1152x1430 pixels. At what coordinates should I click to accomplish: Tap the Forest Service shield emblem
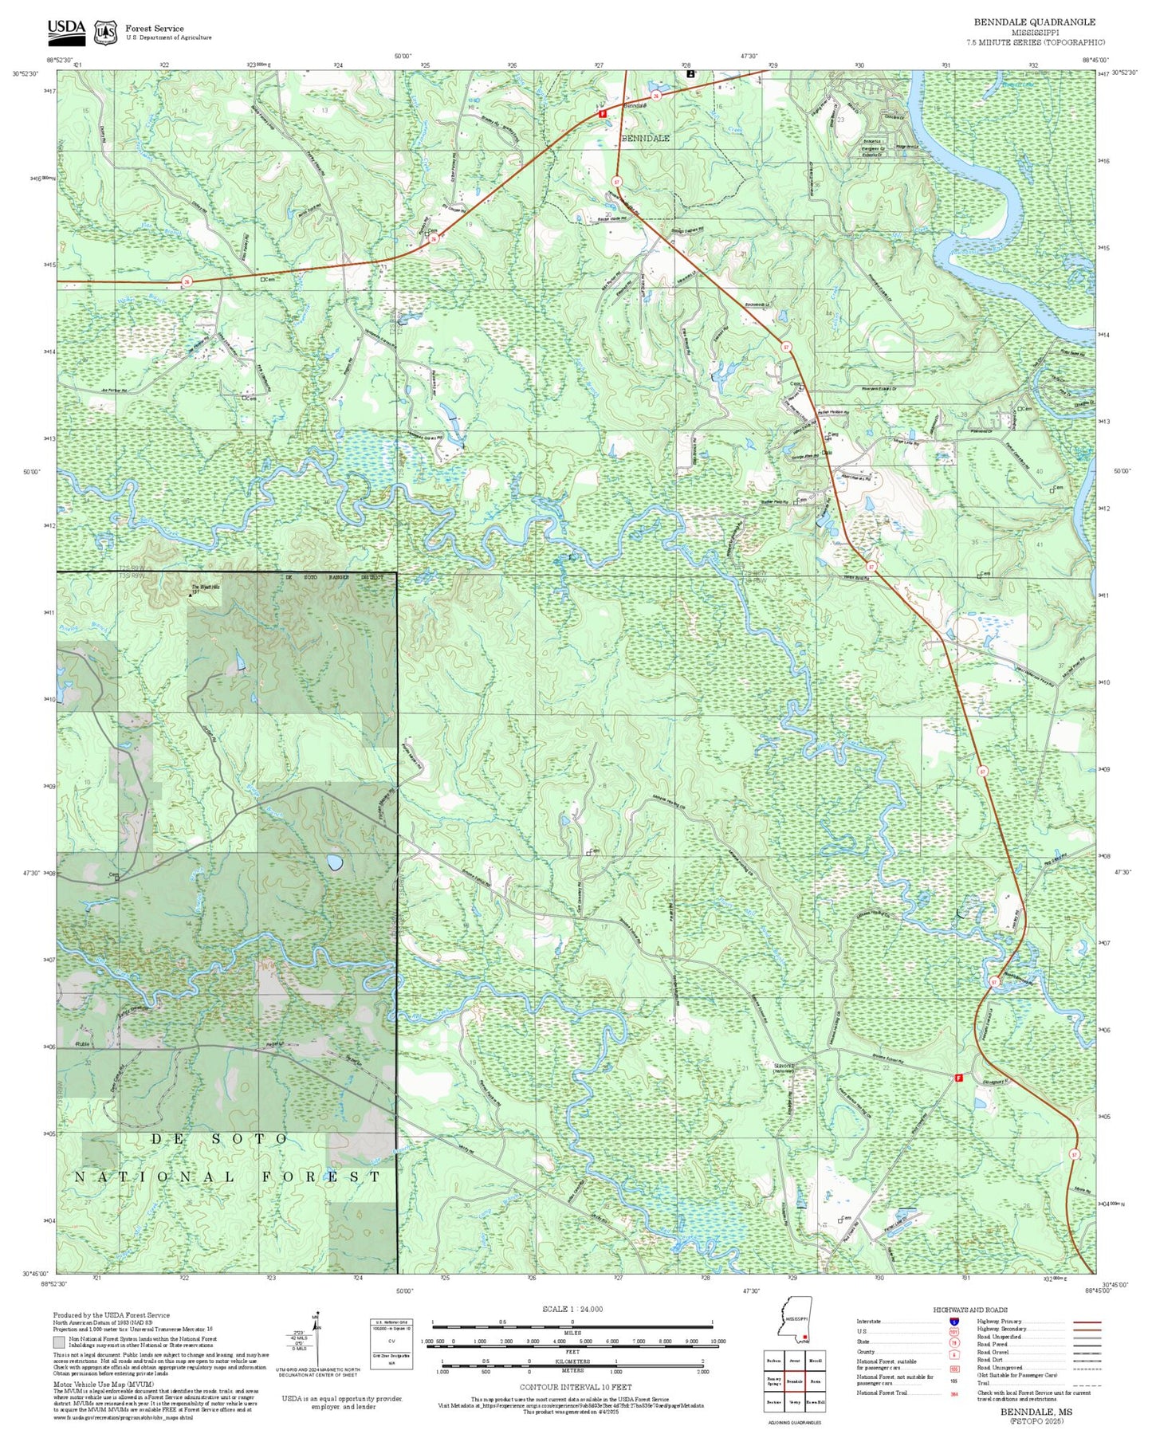point(105,33)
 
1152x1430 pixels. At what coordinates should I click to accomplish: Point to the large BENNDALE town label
point(645,139)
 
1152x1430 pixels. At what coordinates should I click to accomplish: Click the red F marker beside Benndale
point(603,114)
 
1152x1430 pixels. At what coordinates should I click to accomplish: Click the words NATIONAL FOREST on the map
point(227,1177)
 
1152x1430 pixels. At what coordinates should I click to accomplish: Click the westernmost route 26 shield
point(187,281)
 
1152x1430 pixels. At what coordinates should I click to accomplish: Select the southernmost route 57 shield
point(1074,1154)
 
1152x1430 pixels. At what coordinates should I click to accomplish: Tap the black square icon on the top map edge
point(690,73)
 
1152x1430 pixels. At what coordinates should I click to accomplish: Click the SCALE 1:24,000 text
point(572,1309)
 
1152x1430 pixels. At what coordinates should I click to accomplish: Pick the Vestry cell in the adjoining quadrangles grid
point(793,1401)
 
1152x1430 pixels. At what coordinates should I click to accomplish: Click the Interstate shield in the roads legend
point(953,1322)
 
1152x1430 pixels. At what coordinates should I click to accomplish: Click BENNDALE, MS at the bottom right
point(1036,1412)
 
